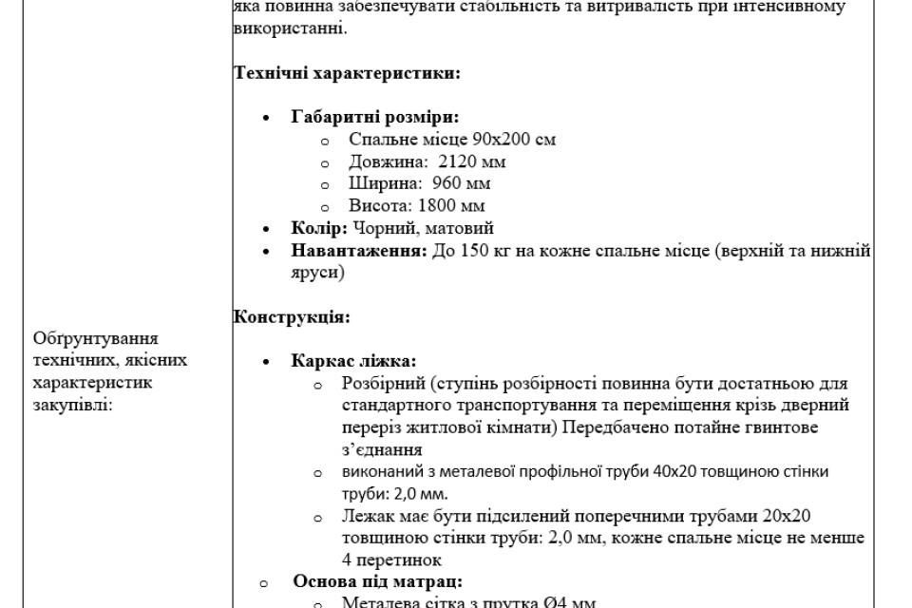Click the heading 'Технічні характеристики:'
click(348, 72)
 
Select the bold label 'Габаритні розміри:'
click(374, 117)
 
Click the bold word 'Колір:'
click(320, 228)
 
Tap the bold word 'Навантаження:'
click(358, 251)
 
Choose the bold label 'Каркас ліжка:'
click(353, 362)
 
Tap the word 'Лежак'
click(366, 516)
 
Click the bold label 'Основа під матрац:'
click(377, 581)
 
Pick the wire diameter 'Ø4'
click(557, 602)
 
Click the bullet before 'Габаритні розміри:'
click(266, 118)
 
